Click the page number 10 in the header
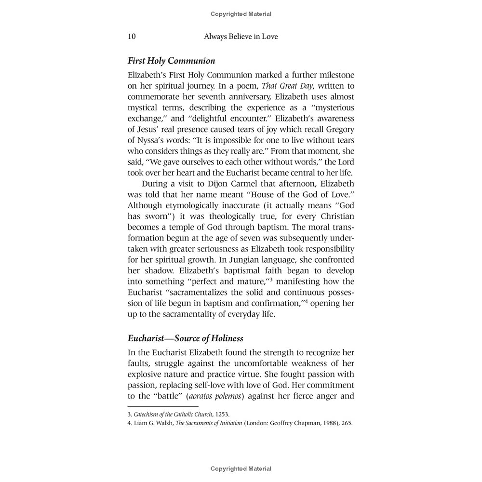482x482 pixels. click(x=132, y=37)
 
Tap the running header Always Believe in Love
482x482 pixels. click(x=241, y=37)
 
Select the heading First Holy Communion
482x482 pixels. click(x=171, y=61)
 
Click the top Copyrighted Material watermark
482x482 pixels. click(x=241, y=14)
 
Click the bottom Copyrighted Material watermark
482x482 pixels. click(x=241, y=469)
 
